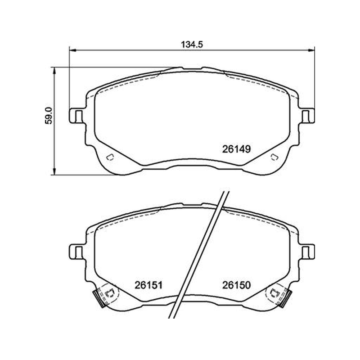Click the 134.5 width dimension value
point(192,44)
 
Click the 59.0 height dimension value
point(49,116)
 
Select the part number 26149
point(236,149)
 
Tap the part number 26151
point(148,285)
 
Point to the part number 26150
point(236,285)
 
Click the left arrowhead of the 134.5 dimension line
point(72,50)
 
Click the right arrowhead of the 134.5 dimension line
point(311,50)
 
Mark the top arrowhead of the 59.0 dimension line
point(54,71)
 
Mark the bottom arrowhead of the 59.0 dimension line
point(54,171)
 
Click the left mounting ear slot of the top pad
point(78,116)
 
